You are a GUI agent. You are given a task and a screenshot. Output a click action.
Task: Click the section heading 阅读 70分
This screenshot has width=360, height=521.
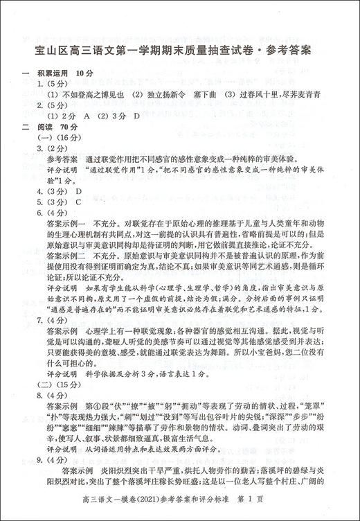click(60, 127)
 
